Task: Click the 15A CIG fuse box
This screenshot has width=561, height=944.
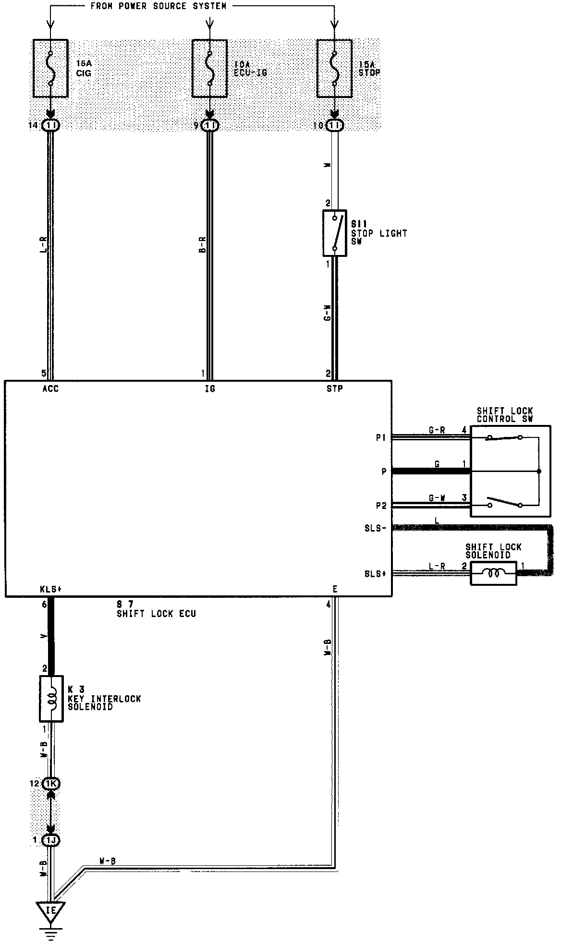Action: pos(50,69)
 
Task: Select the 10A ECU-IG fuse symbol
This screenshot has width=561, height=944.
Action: pos(209,69)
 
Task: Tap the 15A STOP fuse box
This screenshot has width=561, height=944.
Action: pos(335,69)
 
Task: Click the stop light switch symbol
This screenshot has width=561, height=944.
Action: pos(335,233)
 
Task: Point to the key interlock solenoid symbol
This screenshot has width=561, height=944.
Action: pos(51,699)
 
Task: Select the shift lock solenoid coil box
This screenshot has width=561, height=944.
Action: pos(493,573)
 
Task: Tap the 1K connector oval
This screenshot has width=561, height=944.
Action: pos(51,784)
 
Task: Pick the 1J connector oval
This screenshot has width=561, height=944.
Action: pos(51,840)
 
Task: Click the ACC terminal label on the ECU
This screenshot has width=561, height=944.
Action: pos(50,389)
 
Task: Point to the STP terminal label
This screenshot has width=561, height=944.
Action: pos(335,389)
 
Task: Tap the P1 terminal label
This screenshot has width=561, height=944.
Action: pos(381,438)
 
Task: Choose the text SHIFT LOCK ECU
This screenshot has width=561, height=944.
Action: pos(156,613)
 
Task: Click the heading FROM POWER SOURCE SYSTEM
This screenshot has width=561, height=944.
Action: pos(159,6)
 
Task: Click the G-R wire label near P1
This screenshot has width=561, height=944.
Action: pos(437,431)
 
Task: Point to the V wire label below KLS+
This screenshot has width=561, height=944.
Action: pos(44,637)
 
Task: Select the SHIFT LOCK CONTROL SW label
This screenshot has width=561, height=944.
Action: pos(505,415)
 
